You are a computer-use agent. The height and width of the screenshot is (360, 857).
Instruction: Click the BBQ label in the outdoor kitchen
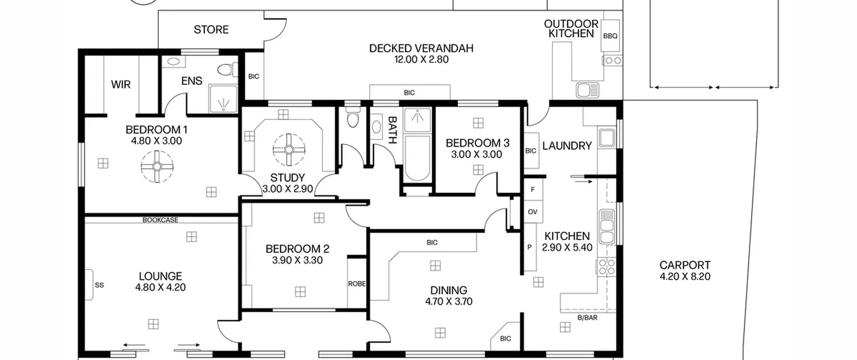[x=610, y=36]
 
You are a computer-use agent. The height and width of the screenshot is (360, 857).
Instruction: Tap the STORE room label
[x=211, y=29]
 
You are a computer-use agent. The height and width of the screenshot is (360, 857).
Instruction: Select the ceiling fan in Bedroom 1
[x=157, y=166]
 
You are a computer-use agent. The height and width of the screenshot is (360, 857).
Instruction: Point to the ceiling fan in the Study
[x=289, y=150]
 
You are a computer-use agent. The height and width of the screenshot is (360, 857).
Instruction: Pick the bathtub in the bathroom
[x=417, y=158]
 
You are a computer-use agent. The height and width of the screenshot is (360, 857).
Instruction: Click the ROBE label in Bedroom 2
[x=357, y=284]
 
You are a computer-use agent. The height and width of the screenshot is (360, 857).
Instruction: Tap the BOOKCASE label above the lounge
[x=160, y=220]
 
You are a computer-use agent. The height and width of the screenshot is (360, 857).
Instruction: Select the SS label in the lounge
[x=99, y=285]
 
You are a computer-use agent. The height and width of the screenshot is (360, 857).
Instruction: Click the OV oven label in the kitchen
[x=533, y=212]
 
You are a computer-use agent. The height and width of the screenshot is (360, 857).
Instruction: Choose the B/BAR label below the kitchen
[x=588, y=317]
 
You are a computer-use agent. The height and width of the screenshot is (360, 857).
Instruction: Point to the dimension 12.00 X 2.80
[x=421, y=59]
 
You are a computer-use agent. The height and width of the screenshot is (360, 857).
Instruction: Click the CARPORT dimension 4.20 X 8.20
[x=685, y=276]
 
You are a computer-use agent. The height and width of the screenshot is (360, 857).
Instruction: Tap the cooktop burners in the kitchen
[x=607, y=267]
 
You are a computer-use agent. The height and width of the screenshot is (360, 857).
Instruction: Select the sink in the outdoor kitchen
[x=588, y=90]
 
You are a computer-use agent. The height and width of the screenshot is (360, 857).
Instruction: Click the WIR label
[x=121, y=84]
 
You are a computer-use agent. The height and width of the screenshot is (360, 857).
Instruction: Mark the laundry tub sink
[x=607, y=138]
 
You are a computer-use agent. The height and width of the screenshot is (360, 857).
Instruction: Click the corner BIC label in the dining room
[x=505, y=339]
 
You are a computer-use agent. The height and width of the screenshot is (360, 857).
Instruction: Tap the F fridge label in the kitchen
[x=533, y=190]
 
